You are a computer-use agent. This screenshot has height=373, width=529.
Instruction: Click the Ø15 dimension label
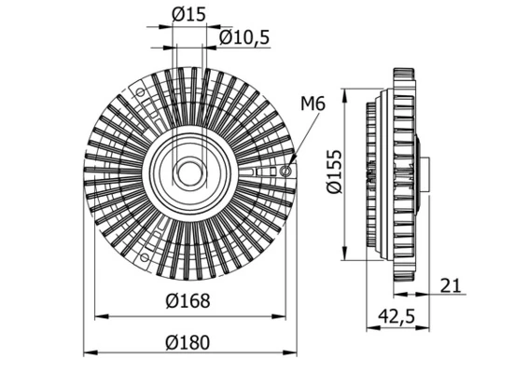(190, 13)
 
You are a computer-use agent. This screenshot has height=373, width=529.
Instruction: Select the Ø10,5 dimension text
(244, 37)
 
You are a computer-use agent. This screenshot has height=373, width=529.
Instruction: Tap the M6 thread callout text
(313, 104)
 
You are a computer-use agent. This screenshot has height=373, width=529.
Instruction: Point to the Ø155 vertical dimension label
(335, 173)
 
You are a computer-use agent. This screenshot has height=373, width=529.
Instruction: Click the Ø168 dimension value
(190, 301)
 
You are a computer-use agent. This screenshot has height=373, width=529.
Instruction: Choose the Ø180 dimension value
(190, 341)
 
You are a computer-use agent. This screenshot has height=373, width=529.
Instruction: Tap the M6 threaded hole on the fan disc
(285, 171)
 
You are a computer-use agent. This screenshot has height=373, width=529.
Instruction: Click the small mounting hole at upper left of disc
(140, 93)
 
